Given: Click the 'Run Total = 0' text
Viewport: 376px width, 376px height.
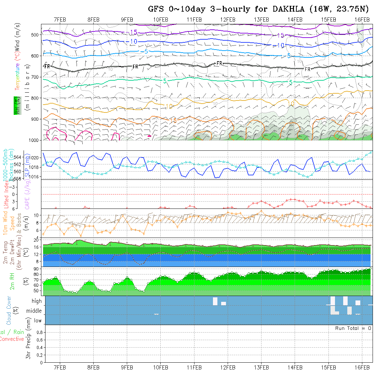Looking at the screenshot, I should [353, 328].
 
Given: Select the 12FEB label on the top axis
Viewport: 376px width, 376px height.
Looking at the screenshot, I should [228, 19].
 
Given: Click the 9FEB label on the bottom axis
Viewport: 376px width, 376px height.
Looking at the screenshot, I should [127, 367].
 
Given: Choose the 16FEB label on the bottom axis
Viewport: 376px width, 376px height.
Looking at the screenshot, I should [362, 367].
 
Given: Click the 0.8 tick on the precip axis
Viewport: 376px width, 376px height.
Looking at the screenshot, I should [39, 332].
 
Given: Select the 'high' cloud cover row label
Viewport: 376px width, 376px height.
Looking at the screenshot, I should [37, 301].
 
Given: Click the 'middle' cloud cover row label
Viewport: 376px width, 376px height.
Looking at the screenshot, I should [34, 311].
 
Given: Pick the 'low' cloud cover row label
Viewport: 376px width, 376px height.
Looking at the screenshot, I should [38, 321].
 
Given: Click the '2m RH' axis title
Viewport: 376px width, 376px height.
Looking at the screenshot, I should [12, 281].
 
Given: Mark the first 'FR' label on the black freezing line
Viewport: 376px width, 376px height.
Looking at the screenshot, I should [47, 66].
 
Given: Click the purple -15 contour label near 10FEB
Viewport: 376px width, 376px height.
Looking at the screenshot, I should [133, 32].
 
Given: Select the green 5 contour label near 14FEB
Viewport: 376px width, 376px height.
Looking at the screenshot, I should [291, 82].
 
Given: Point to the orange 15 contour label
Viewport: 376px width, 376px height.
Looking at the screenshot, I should [173, 121].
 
